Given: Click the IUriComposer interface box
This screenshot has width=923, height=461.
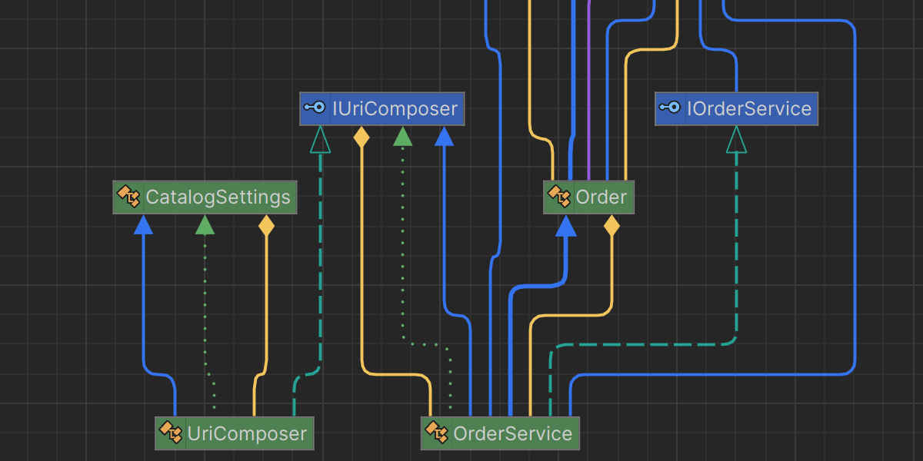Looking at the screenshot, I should pos(382,109).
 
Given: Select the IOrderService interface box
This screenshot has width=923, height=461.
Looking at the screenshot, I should pos(736,109).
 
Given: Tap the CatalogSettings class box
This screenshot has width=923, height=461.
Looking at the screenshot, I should pos(205,197).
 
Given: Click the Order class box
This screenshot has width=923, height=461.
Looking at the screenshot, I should pos(589,197).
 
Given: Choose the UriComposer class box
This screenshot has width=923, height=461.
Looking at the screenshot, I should pos(235,433).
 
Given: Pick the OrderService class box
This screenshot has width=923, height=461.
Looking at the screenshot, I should pos(500,433).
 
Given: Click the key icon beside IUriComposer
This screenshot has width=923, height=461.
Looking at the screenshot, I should pos(315,108).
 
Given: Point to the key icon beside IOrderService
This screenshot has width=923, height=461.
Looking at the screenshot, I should pos(670,108).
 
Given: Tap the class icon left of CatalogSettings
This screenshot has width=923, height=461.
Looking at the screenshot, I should pos(128,197).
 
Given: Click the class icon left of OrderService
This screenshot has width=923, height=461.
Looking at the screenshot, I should pos(436,433).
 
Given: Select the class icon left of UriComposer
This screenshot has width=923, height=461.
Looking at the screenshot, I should pos(170,433).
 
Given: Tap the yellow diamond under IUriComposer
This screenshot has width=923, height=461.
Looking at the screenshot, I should pos(361,137).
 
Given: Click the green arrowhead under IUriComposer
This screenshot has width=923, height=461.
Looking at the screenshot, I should pos(402,136).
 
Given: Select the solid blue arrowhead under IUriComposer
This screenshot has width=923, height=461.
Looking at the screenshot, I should pos(444,136).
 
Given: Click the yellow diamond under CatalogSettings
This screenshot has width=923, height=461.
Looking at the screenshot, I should pos(266,225).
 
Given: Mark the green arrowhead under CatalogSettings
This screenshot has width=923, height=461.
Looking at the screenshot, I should pos(205,224).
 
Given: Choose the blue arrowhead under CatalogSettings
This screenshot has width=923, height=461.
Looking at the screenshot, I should pos(143,224).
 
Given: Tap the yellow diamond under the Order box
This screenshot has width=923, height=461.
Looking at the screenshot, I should pos(611,225).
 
